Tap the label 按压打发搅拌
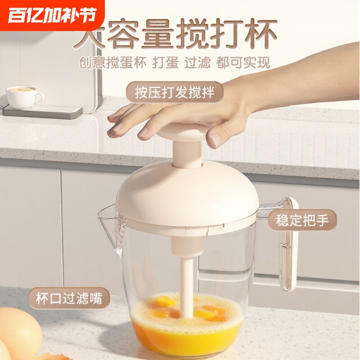click(x=174, y=93)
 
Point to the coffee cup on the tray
click(x=22, y=97)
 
